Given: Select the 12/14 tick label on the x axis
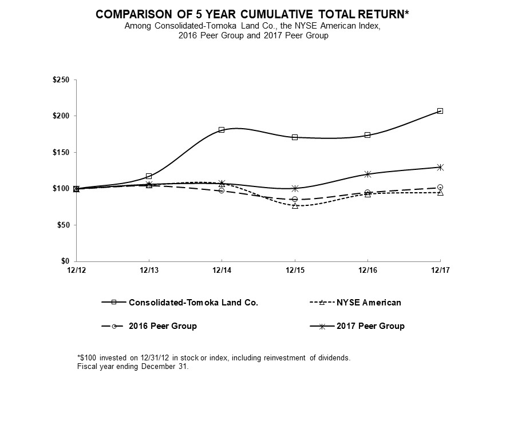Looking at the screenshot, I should (222, 270).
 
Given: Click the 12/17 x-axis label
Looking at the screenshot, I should (440, 270).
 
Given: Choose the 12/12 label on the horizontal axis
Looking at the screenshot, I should (76, 270).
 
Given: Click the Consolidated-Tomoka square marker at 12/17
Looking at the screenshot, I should (440, 111).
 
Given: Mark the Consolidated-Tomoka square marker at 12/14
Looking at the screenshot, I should (222, 130).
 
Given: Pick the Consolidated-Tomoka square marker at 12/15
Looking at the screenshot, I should (295, 137).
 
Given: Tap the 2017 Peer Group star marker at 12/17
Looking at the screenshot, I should (440, 167).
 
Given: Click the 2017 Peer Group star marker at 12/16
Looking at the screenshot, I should (367, 174).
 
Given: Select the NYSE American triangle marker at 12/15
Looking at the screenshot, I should (295, 205).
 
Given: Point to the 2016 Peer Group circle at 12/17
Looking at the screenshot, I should (440, 187).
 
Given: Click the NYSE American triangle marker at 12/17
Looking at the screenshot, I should (440, 193).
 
